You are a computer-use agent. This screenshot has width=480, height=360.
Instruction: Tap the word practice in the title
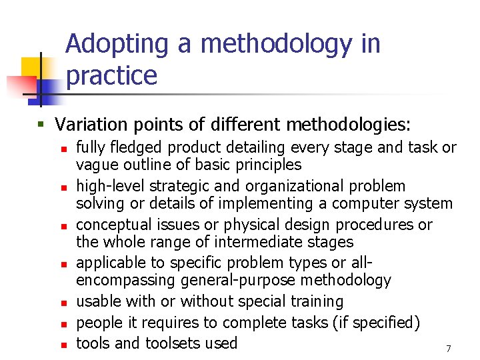click(112, 75)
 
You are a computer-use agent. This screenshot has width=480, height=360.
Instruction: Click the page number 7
click(449, 349)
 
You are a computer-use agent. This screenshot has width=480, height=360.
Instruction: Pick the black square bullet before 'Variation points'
click(43, 125)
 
